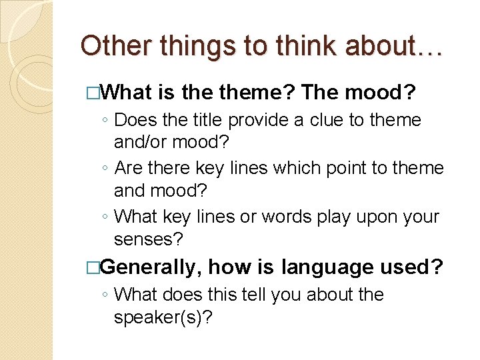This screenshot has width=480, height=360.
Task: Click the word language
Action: pyautogui.click(x=327, y=267)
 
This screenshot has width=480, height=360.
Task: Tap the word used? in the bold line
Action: pyautogui.click(x=411, y=267)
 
